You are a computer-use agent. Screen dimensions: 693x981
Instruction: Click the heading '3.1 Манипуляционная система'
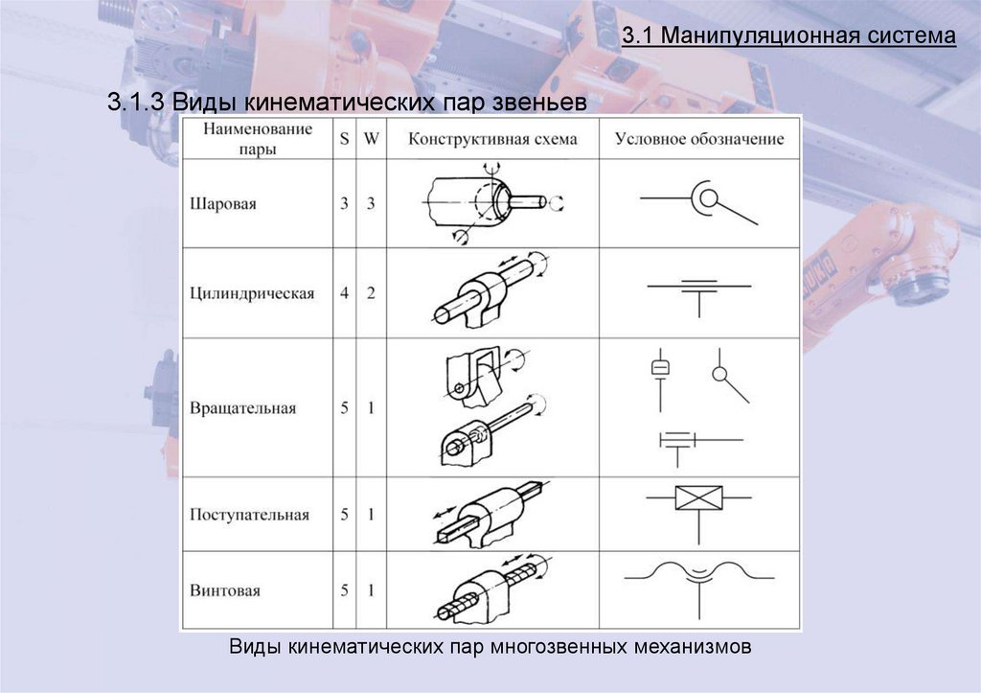click(788, 37)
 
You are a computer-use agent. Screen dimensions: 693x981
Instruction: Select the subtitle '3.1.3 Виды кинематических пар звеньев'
click(346, 104)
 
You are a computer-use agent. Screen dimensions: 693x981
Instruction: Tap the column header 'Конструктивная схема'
click(492, 139)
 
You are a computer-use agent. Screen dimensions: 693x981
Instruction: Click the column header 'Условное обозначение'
click(698, 139)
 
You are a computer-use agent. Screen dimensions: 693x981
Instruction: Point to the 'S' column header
click(344, 138)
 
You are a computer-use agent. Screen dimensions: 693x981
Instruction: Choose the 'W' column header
click(370, 138)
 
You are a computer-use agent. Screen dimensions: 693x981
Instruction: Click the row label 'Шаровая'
click(223, 204)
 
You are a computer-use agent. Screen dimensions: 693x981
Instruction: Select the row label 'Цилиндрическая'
click(252, 293)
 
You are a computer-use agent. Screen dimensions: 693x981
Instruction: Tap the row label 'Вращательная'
click(242, 407)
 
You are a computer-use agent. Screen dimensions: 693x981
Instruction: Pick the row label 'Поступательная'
click(249, 515)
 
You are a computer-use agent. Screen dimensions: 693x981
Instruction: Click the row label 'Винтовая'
click(224, 590)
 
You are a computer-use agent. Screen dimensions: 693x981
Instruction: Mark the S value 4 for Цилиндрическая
click(344, 293)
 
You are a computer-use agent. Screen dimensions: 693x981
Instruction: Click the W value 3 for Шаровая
click(370, 204)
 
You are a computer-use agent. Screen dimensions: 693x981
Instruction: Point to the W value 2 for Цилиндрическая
click(370, 293)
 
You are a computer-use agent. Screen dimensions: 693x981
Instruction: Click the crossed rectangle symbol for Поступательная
click(697, 498)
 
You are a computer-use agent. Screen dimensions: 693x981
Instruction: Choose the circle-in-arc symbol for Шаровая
click(707, 199)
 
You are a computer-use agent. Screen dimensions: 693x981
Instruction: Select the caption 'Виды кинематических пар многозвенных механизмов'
click(490, 647)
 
